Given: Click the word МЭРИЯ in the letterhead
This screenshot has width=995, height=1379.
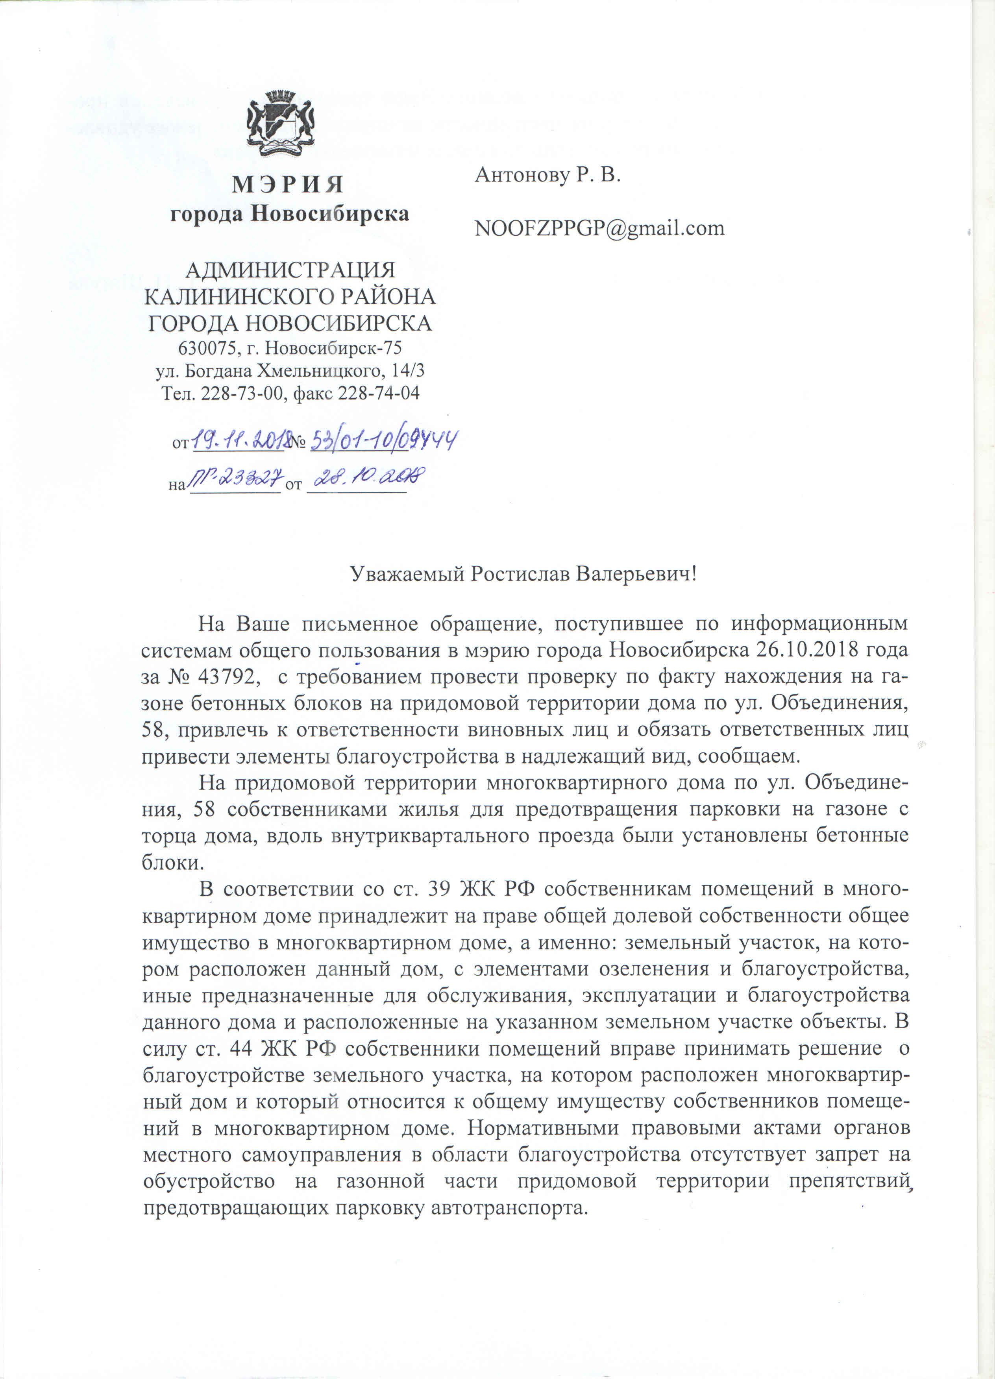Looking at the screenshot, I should tap(288, 184).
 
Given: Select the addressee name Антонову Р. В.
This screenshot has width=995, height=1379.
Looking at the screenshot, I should tap(547, 175).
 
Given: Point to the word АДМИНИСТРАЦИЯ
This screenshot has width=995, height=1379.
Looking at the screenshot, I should tap(290, 270).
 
